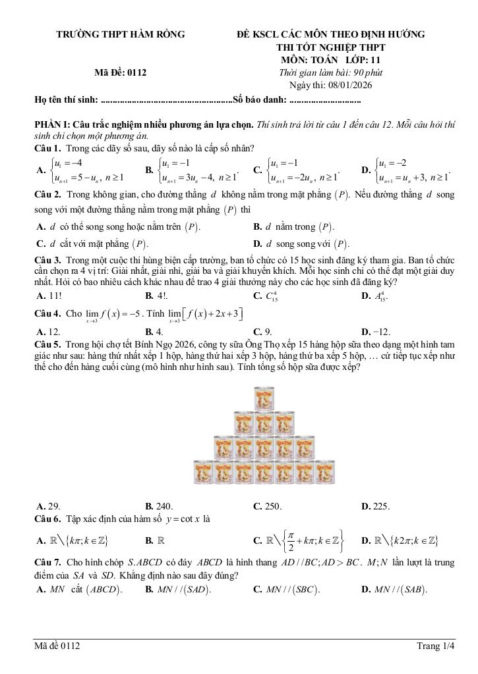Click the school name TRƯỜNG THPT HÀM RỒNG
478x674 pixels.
pos(120,34)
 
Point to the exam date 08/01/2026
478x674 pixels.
pos(331,86)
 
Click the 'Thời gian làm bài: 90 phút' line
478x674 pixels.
pos(331,73)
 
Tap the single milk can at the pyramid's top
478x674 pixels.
pos(268,398)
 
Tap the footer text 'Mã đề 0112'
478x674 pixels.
pos(57,647)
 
